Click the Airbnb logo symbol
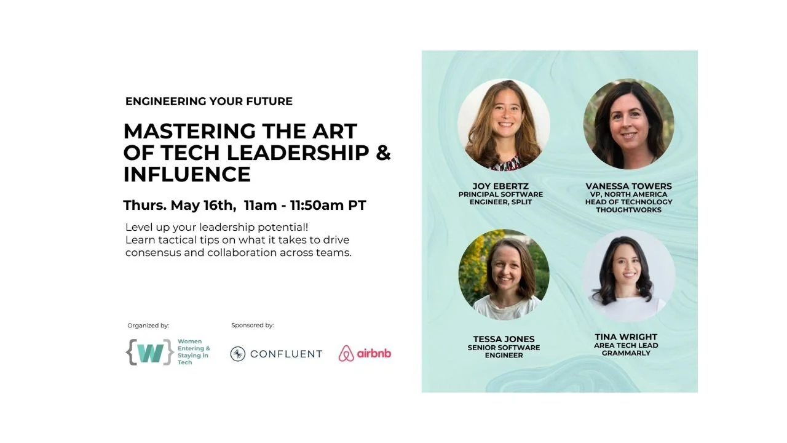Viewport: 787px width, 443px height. (346, 353)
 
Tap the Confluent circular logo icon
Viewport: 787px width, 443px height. (238, 354)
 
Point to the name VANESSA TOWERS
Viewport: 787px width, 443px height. (628, 186)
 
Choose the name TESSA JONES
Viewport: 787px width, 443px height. (504, 339)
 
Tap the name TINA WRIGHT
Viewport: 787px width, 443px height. (626, 337)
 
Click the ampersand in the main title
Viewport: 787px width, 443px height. (383, 152)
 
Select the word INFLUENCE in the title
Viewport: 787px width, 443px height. (187, 174)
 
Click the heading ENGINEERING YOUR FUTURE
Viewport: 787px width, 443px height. (209, 102)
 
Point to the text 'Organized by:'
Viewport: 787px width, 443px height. (148, 325)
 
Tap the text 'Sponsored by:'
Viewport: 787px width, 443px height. (253, 325)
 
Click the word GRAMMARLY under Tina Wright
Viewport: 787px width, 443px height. (626, 353)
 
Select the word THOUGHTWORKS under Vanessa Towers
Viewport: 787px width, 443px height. (628, 210)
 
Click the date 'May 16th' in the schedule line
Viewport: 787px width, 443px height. (204, 206)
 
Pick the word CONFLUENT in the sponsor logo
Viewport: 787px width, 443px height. (286, 354)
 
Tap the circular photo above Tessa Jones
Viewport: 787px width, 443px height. (504, 275)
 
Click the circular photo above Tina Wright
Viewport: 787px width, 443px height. (628, 275)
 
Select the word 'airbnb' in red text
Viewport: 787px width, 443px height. (374, 353)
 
